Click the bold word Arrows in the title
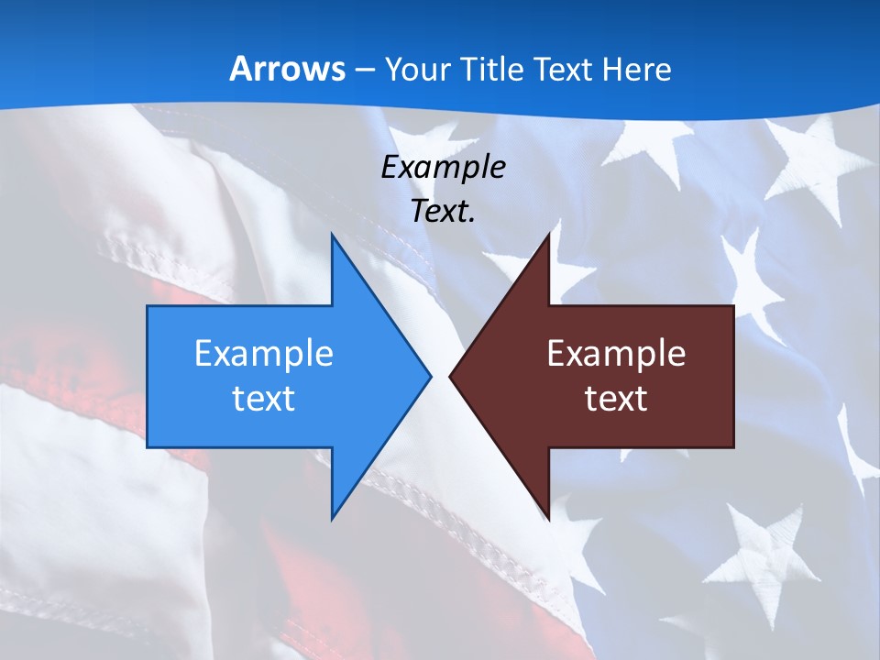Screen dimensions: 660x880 click(x=287, y=69)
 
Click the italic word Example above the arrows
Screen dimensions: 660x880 click(x=444, y=168)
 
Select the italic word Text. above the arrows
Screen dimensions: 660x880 click(x=444, y=212)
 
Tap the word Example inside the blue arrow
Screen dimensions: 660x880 click(x=264, y=354)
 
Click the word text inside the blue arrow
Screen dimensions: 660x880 click(x=264, y=399)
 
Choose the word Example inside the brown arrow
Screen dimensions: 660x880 click(x=616, y=354)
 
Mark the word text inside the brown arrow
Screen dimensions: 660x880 click(x=616, y=399)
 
